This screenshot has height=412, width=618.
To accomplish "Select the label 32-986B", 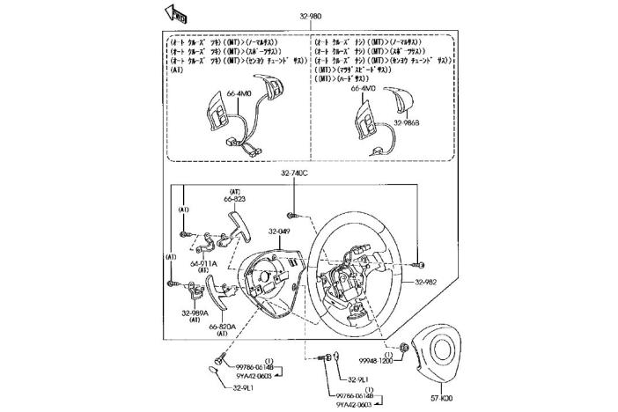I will [x=407, y=123].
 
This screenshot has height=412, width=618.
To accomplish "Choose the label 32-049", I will [x=279, y=232].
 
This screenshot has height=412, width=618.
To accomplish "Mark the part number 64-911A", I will [x=203, y=263].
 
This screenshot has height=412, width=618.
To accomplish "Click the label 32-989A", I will [x=195, y=313].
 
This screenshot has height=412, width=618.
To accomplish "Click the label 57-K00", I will [x=443, y=398].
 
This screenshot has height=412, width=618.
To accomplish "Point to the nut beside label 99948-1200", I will [x=403, y=347].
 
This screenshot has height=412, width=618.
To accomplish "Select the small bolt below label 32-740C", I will [x=291, y=214].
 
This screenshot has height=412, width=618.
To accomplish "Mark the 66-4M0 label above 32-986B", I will [x=363, y=89].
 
